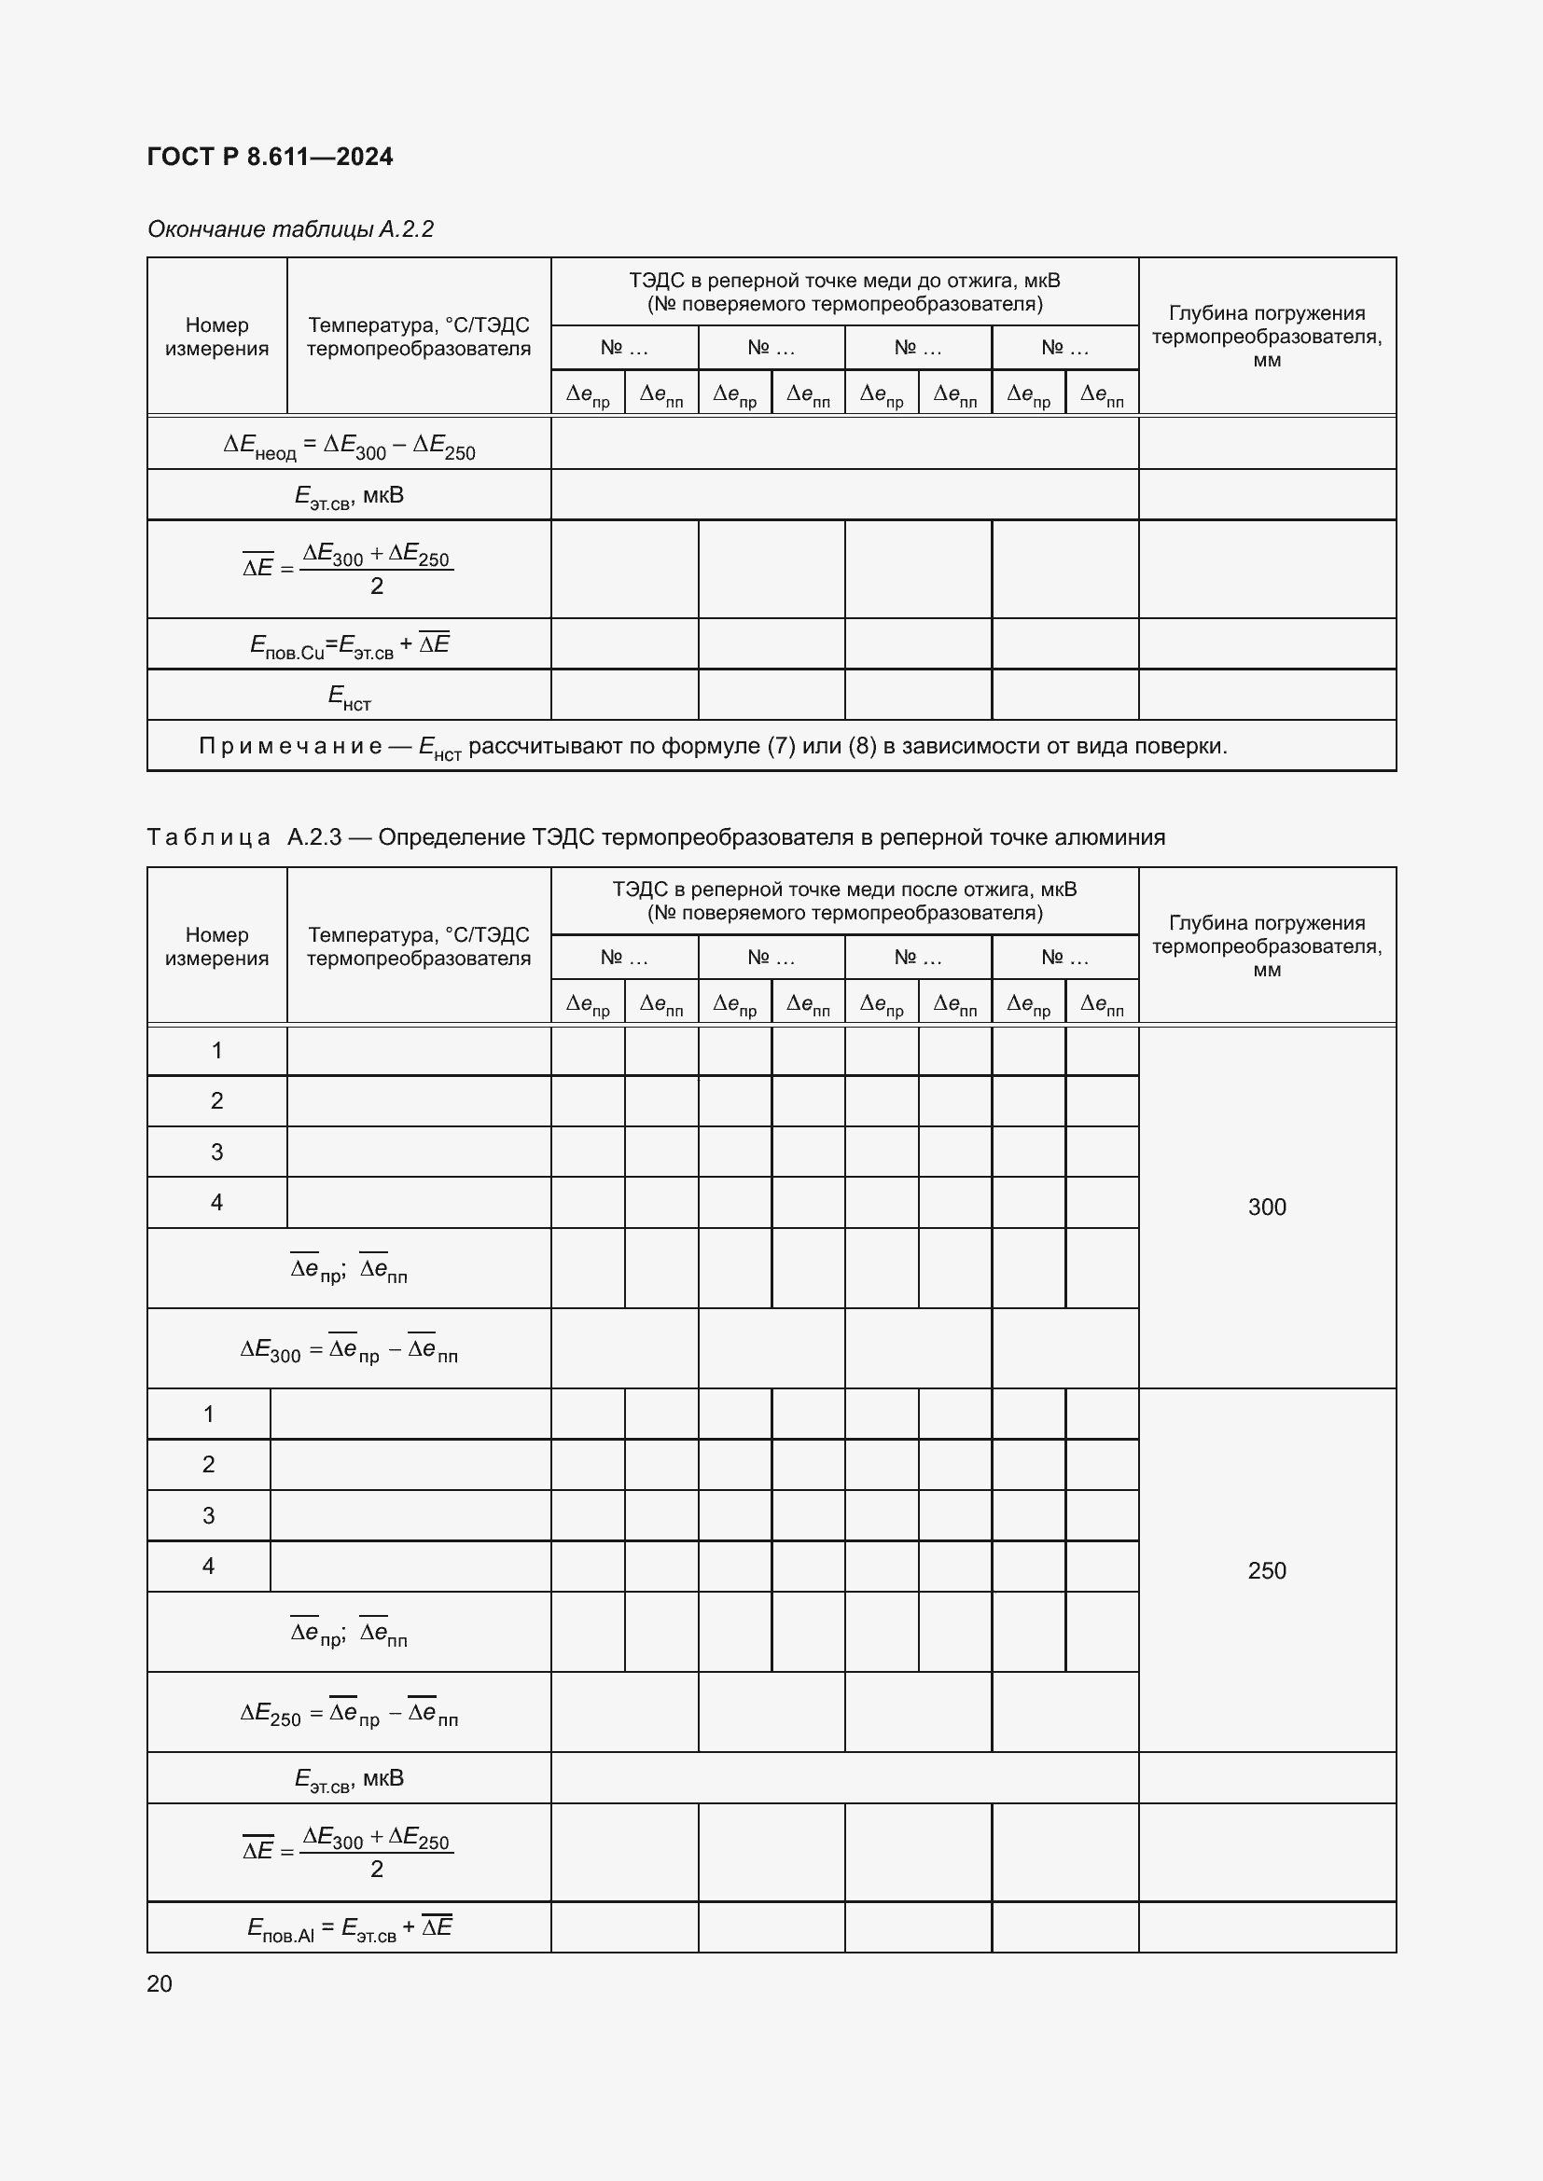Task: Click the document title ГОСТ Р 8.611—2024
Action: click(270, 157)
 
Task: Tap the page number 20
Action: click(160, 1983)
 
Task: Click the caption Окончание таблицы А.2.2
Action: click(290, 229)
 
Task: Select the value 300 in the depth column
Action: click(1266, 1207)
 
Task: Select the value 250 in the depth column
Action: click(1266, 1570)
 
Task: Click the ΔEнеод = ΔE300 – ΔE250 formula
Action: click(349, 446)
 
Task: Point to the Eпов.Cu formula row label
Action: click(349, 645)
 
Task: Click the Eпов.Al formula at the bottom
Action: click(349, 1927)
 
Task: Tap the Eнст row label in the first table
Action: click(349, 697)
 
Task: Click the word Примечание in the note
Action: click(290, 747)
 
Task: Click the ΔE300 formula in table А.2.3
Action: click(349, 1350)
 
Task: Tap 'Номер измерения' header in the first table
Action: click(216, 337)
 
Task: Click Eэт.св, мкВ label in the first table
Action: click(349, 496)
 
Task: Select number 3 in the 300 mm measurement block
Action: click(216, 1153)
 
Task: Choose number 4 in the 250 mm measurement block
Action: click(208, 1566)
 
